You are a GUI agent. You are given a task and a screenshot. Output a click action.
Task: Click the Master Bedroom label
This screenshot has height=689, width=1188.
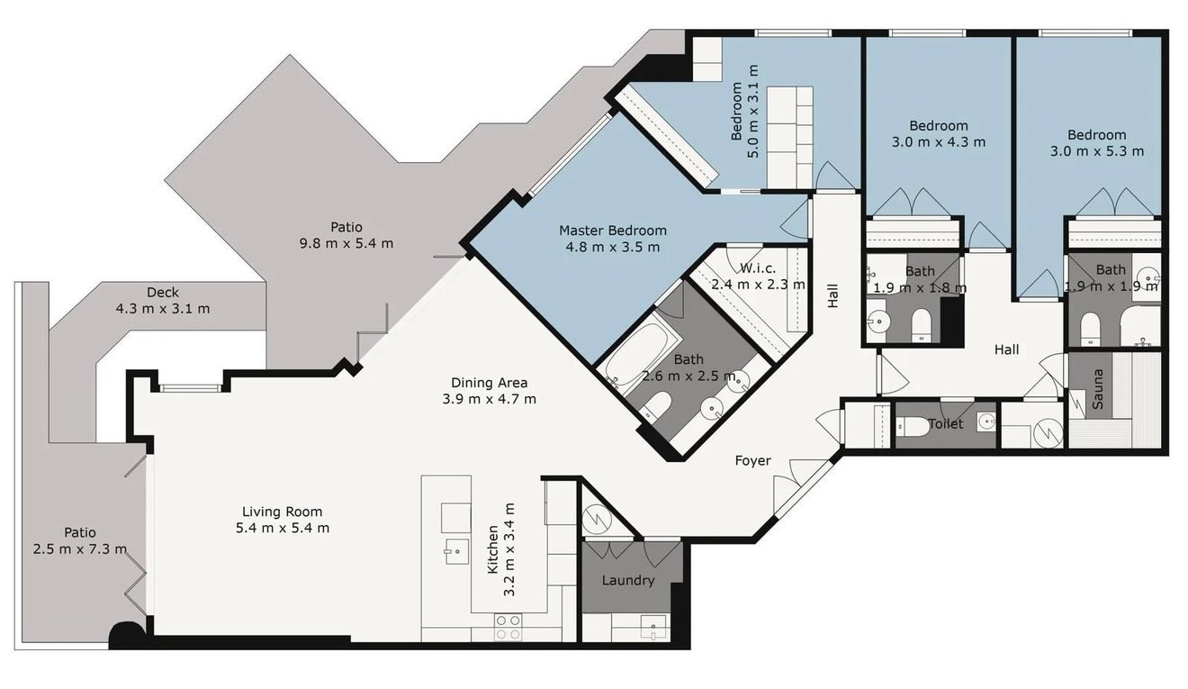(x=613, y=231)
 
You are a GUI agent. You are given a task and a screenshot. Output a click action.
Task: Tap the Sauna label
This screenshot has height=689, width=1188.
(x=1098, y=389)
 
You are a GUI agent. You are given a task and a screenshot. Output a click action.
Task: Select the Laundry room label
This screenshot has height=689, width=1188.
(x=628, y=580)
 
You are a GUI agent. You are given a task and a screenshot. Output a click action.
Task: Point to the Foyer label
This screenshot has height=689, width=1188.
(x=752, y=461)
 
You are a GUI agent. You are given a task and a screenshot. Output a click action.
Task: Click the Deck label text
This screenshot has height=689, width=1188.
(x=163, y=292)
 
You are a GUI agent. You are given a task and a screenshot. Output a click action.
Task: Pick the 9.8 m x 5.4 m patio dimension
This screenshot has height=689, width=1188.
(x=346, y=244)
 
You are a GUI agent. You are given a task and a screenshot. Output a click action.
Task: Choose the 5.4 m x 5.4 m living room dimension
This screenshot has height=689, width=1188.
(x=283, y=528)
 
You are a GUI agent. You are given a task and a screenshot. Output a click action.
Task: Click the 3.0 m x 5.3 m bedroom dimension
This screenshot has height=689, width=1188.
(x=1097, y=151)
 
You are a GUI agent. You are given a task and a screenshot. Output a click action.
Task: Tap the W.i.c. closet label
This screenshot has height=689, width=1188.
(x=758, y=268)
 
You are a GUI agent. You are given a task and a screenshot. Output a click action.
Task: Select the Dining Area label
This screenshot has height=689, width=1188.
(x=489, y=383)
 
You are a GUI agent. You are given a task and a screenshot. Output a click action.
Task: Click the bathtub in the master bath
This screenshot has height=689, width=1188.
(x=635, y=354)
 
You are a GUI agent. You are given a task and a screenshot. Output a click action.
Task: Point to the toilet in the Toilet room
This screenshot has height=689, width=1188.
(x=913, y=426)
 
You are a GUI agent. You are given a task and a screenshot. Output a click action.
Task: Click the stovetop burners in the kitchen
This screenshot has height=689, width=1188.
(x=508, y=627)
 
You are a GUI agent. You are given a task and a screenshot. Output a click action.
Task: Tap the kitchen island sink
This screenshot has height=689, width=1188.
(x=456, y=551)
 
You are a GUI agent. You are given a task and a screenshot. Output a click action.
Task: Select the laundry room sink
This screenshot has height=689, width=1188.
(x=652, y=628)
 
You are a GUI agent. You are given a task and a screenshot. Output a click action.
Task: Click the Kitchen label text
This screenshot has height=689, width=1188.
(x=492, y=549)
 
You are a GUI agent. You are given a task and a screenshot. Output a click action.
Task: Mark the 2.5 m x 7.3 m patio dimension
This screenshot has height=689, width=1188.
(x=80, y=548)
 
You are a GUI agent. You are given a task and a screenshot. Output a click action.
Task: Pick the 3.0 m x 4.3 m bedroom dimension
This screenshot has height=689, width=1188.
(x=938, y=142)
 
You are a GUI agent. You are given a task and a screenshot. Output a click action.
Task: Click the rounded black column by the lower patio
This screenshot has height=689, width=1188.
(x=127, y=635)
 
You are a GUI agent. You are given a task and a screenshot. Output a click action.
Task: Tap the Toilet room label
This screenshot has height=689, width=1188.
(x=946, y=423)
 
